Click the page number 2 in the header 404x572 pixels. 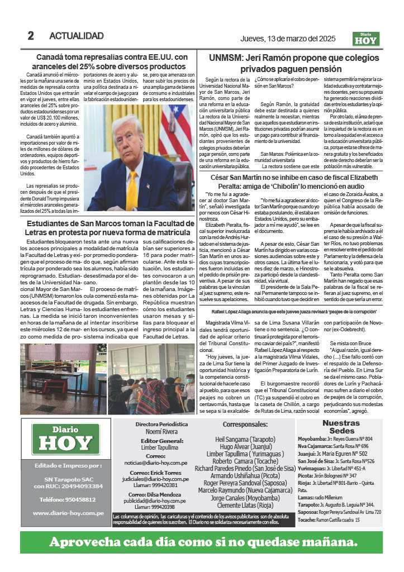coord(31,36)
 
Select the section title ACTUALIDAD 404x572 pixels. coord(77,36)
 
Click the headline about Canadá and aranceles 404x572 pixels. coord(111,61)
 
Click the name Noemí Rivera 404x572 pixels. coord(161,431)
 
